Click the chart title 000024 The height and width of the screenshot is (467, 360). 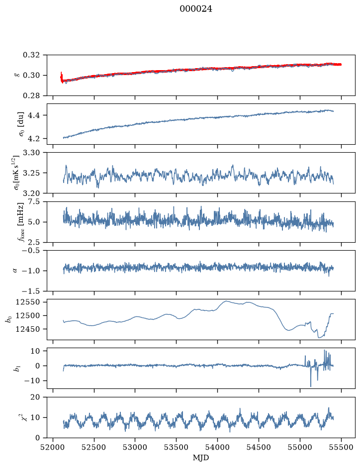point(196,9)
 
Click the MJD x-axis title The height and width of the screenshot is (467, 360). point(201,458)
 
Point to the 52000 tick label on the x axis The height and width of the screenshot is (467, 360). point(53,448)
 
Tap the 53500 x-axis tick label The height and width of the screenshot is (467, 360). point(177,448)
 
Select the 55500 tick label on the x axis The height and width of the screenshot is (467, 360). point(341,448)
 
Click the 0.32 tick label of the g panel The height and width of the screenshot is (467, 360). point(31,55)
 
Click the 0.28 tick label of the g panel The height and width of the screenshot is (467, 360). point(31,95)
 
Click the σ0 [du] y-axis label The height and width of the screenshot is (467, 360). point(21,124)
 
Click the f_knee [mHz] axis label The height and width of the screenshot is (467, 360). point(21,222)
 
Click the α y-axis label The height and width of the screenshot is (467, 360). point(15,271)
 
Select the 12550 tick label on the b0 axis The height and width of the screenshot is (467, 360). point(28,302)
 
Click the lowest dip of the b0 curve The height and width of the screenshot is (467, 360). point(319,338)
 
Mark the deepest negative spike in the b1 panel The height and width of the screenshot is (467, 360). point(311,386)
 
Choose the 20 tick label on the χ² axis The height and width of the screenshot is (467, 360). point(35,397)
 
